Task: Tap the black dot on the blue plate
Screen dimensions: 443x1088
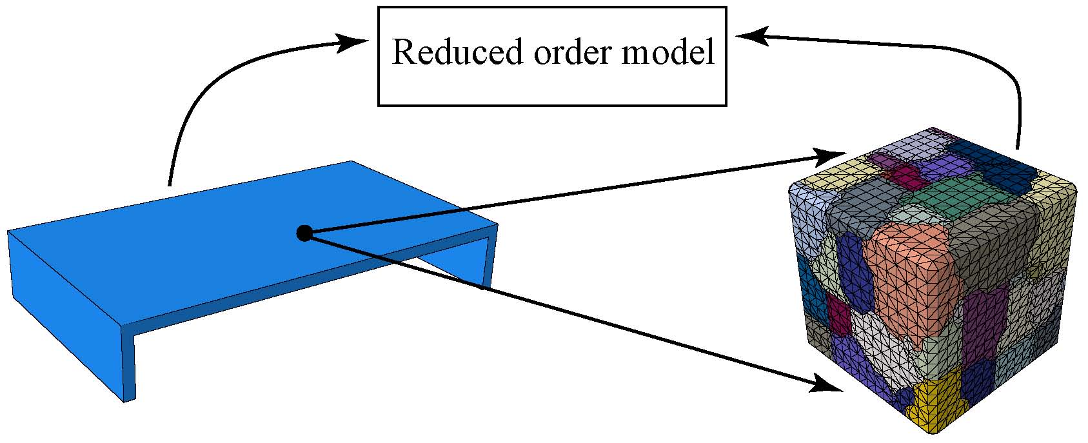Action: tap(304, 233)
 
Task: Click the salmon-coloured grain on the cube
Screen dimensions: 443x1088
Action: tap(909, 277)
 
